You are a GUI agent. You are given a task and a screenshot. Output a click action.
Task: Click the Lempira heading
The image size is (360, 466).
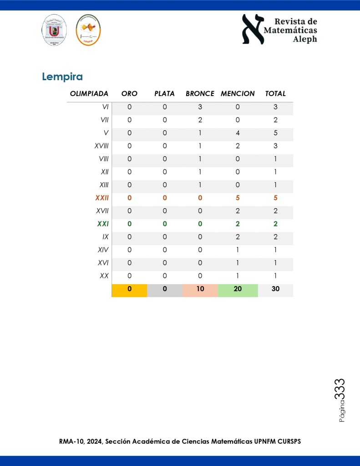[x=62, y=77]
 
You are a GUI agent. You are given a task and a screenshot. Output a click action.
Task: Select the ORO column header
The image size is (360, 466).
[x=129, y=93]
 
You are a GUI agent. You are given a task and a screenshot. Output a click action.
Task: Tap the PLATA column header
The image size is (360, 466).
[x=164, y=93]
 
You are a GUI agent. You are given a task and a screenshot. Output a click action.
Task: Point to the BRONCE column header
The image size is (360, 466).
[x=200, y=93]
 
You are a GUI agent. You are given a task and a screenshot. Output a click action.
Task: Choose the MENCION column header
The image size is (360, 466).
[x=238, y=93]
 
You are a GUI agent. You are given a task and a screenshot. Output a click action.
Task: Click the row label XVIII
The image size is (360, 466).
[x=101, y=146]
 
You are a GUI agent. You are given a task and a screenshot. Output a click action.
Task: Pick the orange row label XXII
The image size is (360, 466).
[x=102, y=198]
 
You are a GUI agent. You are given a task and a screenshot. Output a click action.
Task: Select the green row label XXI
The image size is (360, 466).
[x=103, y=224]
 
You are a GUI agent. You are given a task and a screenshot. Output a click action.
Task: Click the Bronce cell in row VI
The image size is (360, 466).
[x=200, y=108]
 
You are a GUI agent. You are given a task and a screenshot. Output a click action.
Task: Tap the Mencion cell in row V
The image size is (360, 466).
[x=238, y=133]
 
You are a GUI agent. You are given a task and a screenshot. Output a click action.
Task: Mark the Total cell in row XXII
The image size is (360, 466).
[x=275, y=198]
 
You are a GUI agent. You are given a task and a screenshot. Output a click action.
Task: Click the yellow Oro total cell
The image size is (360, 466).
[x=129, y=289]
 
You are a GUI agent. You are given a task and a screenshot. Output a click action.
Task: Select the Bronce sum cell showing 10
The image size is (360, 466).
[x=200, y=289]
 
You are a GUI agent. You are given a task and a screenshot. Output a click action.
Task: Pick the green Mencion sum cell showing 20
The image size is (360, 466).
[x=238, y=289]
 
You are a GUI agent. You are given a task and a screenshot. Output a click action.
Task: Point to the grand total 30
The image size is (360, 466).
[x=275, y=289]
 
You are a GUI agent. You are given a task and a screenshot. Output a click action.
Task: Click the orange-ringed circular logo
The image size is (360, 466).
[x=88, y=30]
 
